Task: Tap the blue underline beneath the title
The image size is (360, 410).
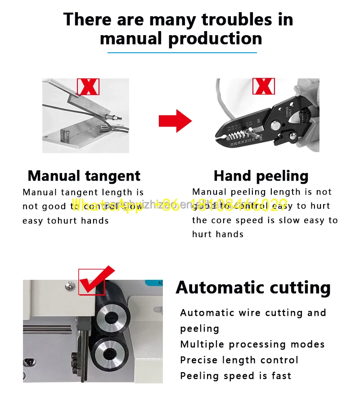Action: click(x=182, y=53)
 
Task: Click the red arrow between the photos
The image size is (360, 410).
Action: click(x=175, y=121)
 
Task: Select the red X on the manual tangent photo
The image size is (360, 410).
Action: click(x=88, y=86)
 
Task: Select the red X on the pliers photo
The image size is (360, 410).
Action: click(x=263, y=86)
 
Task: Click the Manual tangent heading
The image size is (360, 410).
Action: click(x=84, y=176)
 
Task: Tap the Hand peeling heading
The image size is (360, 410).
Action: click(x=261, y=176)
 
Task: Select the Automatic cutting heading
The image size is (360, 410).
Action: click(x=253, y=287)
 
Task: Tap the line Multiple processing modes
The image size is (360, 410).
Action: click(x=252, y=344)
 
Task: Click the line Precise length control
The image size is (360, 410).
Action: click(x=239, y=360)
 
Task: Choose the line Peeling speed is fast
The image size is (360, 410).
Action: click(x=235, y=376)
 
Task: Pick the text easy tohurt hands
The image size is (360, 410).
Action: click(x=66, y=221)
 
